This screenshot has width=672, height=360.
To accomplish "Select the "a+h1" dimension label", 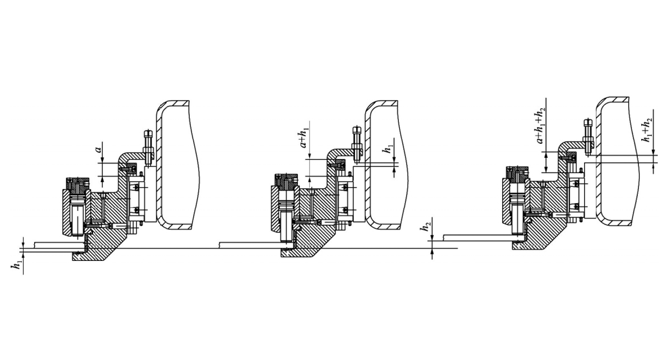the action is [305, 138].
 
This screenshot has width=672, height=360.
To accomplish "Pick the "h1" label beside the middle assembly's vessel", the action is [389, 149].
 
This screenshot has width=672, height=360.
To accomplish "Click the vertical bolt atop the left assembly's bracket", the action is [148, 148].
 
